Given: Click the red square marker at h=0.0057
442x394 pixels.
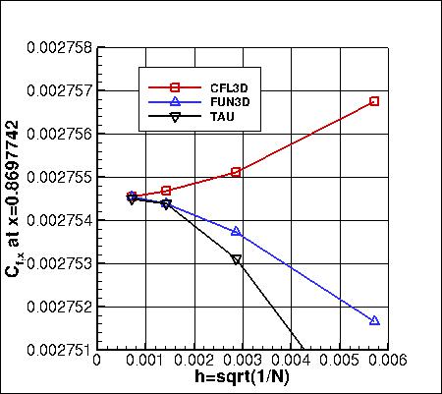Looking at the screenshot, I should click(374, 101).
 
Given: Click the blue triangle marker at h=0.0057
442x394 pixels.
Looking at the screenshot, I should click(374, 320).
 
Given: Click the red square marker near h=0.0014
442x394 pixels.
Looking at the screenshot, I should click(166, 190).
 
